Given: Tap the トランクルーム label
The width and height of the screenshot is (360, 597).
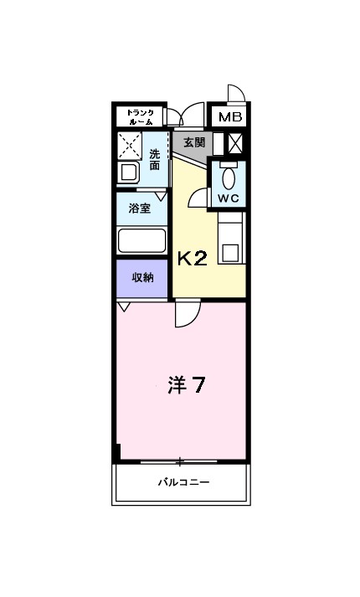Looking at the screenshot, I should coord(139,117).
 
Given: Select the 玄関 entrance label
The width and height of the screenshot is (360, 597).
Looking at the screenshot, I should coord(194,142).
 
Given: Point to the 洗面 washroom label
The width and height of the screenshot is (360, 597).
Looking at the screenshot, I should coord(155,159).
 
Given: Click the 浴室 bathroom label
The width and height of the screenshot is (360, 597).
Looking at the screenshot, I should coord(139,208).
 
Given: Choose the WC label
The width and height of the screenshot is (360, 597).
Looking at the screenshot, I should coord(229,198).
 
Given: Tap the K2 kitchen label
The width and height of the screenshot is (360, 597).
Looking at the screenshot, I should coord(192,258).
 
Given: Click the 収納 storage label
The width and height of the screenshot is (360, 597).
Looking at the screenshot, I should coord(141,277).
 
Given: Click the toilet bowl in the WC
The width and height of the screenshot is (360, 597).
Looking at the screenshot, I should coord(229,178).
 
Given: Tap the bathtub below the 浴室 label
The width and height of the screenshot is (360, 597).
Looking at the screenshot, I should coord(141,241).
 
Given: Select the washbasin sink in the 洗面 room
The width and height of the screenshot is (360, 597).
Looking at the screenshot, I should coord(130,173).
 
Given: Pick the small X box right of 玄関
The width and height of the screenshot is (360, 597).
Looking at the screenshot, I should coord(236,143).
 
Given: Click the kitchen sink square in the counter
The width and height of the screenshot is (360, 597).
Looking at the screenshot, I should coord(231,250).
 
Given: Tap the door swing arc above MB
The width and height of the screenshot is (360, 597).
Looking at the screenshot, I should coord(234,94).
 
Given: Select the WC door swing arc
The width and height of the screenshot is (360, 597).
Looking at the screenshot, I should coord(198,198).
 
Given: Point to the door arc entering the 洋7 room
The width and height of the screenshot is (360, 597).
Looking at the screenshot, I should coord(186,315).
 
